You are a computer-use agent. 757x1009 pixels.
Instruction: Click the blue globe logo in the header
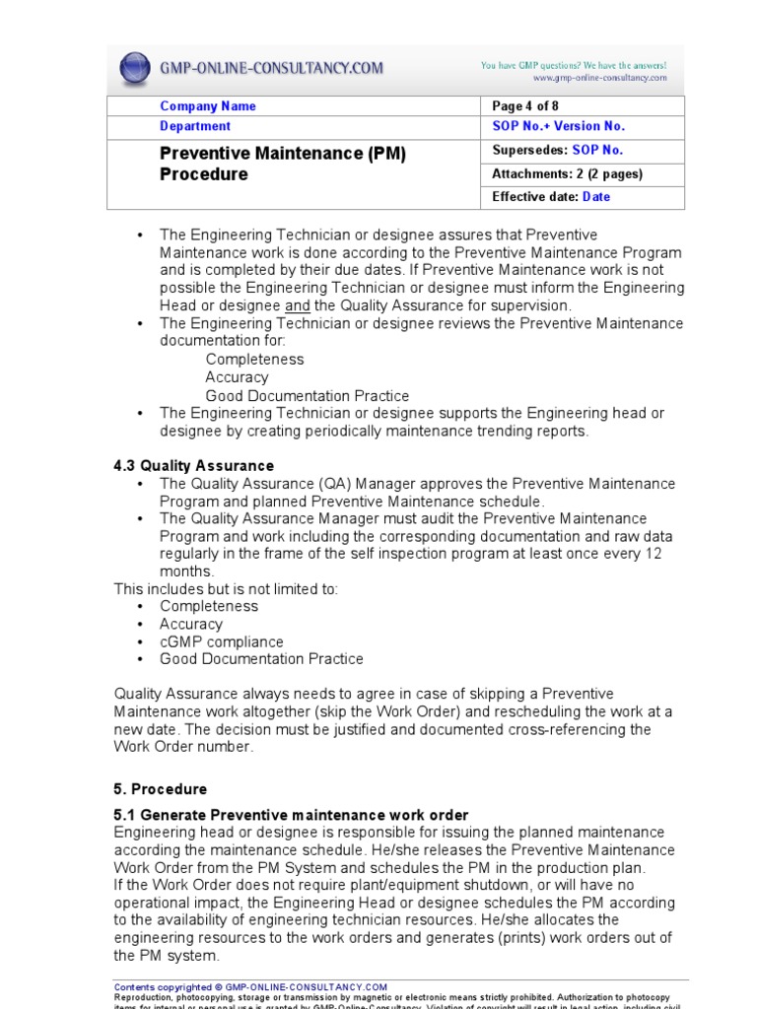coord(135,69)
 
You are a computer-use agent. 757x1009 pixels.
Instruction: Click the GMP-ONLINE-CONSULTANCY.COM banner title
coord(272,69)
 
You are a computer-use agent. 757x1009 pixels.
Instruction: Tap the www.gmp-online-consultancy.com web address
coord(599,78)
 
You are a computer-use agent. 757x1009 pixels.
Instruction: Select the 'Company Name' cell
coord(208,106)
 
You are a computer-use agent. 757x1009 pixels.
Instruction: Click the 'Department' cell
coord(195,126)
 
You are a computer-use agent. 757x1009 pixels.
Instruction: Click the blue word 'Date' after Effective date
coord(596,197)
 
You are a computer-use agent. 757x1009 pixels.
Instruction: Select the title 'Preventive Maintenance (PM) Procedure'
coord(283,165)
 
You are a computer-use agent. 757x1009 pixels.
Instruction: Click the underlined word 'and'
coord(298,305)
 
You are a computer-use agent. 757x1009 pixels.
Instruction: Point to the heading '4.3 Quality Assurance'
coord(194,466)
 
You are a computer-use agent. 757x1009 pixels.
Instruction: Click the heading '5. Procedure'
coord(161,789)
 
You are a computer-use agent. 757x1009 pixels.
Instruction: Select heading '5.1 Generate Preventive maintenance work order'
coord(292,815)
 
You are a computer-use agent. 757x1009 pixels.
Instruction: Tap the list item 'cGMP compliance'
coord(222,641)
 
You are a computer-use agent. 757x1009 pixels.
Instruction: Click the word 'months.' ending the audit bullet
coord(186,572)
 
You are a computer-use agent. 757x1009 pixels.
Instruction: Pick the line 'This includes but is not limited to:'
coord(227,589)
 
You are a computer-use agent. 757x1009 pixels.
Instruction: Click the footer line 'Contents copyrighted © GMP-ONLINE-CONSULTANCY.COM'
coord(251,986)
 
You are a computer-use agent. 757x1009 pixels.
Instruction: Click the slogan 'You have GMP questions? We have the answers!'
coord(574,65)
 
